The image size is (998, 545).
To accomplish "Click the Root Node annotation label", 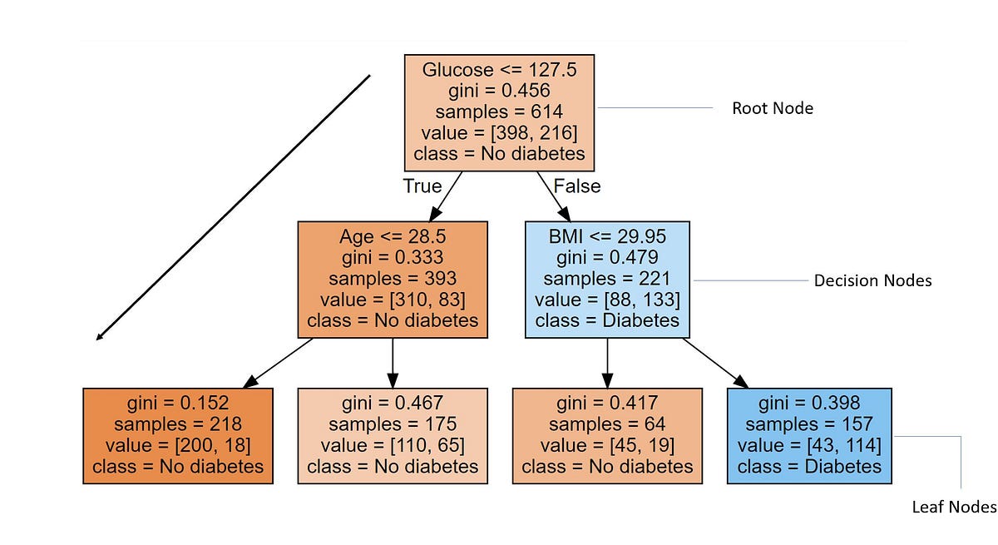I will (772, 108).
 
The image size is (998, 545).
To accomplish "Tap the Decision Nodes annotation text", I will (872, 280).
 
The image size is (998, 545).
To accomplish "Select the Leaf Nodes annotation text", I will (953, 507).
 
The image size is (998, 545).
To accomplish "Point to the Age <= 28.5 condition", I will (393, 236).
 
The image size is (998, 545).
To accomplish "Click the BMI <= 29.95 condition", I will (607, 236).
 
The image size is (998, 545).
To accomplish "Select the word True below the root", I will (422, 186).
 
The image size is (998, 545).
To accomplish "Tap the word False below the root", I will (576, 186).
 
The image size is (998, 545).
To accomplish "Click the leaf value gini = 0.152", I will (178, 403).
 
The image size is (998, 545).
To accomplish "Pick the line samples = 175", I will (393, 424).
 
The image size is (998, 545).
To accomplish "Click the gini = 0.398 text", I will (808, 403).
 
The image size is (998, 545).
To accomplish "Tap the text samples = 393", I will (393, 279).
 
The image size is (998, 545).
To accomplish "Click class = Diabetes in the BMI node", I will (607, 320).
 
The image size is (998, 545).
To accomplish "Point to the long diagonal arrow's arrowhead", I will (99, 337).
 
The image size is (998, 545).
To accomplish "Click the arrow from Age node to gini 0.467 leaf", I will (393, 362).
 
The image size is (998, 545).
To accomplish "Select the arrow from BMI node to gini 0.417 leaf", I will (607, 362).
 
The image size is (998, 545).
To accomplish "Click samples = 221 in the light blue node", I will (607, 279).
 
